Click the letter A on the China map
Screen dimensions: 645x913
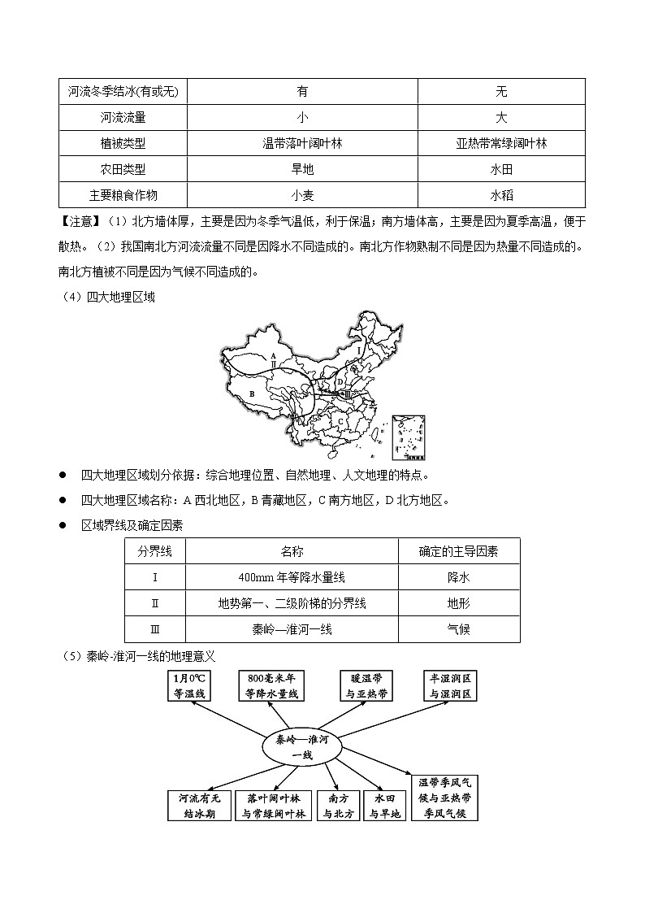(x=274, y=356)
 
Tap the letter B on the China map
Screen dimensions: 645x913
(x=253, y=394)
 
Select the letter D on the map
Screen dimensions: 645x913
(x=340, y=381)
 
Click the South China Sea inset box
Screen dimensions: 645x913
(x=409, y=437)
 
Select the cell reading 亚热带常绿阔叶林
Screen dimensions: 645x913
(x=501, y=143)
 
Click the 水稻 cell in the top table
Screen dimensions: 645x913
(x=501, y=195)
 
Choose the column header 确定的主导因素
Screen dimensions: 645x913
(x=458, y=551)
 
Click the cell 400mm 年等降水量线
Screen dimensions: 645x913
(x=292, y=577)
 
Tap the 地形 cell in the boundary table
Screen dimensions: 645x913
(x=458, y=603)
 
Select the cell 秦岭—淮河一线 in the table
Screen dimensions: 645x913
(x=292, y=629)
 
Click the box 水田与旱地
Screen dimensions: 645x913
(x=384, y=806)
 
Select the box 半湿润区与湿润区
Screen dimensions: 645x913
(x=451, y=686)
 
